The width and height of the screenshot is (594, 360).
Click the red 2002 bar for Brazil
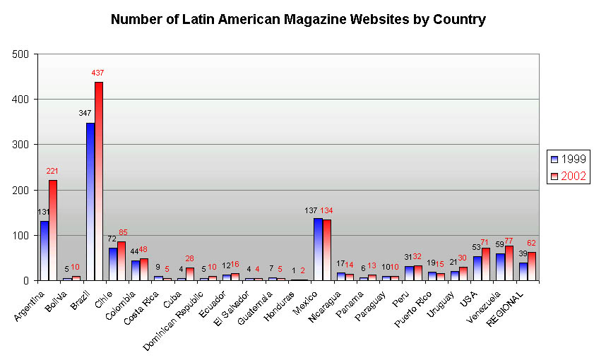pos(99,181)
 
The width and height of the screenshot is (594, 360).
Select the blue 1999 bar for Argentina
pos(44,251)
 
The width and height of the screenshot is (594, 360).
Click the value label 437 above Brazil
pos(97,73)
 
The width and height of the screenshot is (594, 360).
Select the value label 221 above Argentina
pos(52,171)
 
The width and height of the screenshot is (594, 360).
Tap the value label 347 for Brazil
pos(85,113)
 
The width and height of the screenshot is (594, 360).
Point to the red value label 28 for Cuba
pos(189,259)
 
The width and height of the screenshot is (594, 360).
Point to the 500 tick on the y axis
pos(20,54)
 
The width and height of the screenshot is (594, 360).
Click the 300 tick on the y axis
pos(20,145)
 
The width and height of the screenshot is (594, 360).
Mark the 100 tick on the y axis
pos(20,235)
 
